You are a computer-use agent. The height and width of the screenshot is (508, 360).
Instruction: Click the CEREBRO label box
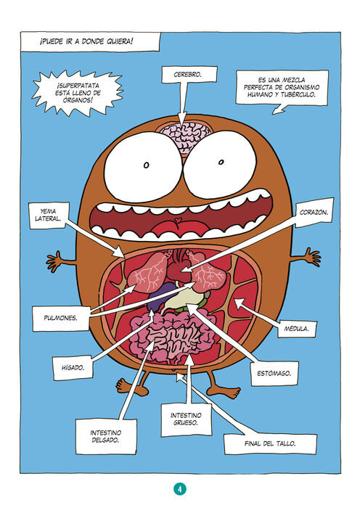(x=189, y=74)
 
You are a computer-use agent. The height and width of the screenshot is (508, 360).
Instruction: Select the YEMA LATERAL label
(x=49, y=215)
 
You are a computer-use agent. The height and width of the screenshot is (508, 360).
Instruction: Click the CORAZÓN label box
(x=314, y=213)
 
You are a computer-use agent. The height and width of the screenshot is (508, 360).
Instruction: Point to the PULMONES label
(x=60, y=318)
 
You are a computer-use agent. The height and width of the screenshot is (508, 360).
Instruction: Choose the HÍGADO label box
(x=73, y=368)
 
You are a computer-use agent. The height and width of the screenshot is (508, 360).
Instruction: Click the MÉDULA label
(x=296, y=329)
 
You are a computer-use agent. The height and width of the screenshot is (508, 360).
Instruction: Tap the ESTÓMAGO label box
(x=274, y=373)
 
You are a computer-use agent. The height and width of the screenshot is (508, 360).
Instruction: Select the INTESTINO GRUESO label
(x=187, y=419)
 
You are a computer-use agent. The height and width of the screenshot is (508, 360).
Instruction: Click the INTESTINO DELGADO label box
(x=106, y=436)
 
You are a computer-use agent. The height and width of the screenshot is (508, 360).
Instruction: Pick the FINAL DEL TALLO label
(x=270, y=443)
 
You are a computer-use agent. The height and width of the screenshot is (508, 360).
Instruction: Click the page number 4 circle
(x=180, y=489)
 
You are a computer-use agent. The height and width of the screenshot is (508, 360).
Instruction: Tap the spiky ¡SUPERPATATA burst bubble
(x=78, y=93)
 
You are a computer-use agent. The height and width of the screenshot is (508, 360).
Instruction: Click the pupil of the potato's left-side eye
(x=146, y=165)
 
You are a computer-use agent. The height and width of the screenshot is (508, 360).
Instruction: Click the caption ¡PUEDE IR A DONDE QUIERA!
(x=87, y=41)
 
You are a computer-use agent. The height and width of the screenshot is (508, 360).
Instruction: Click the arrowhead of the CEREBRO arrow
(x=183, y=118)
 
